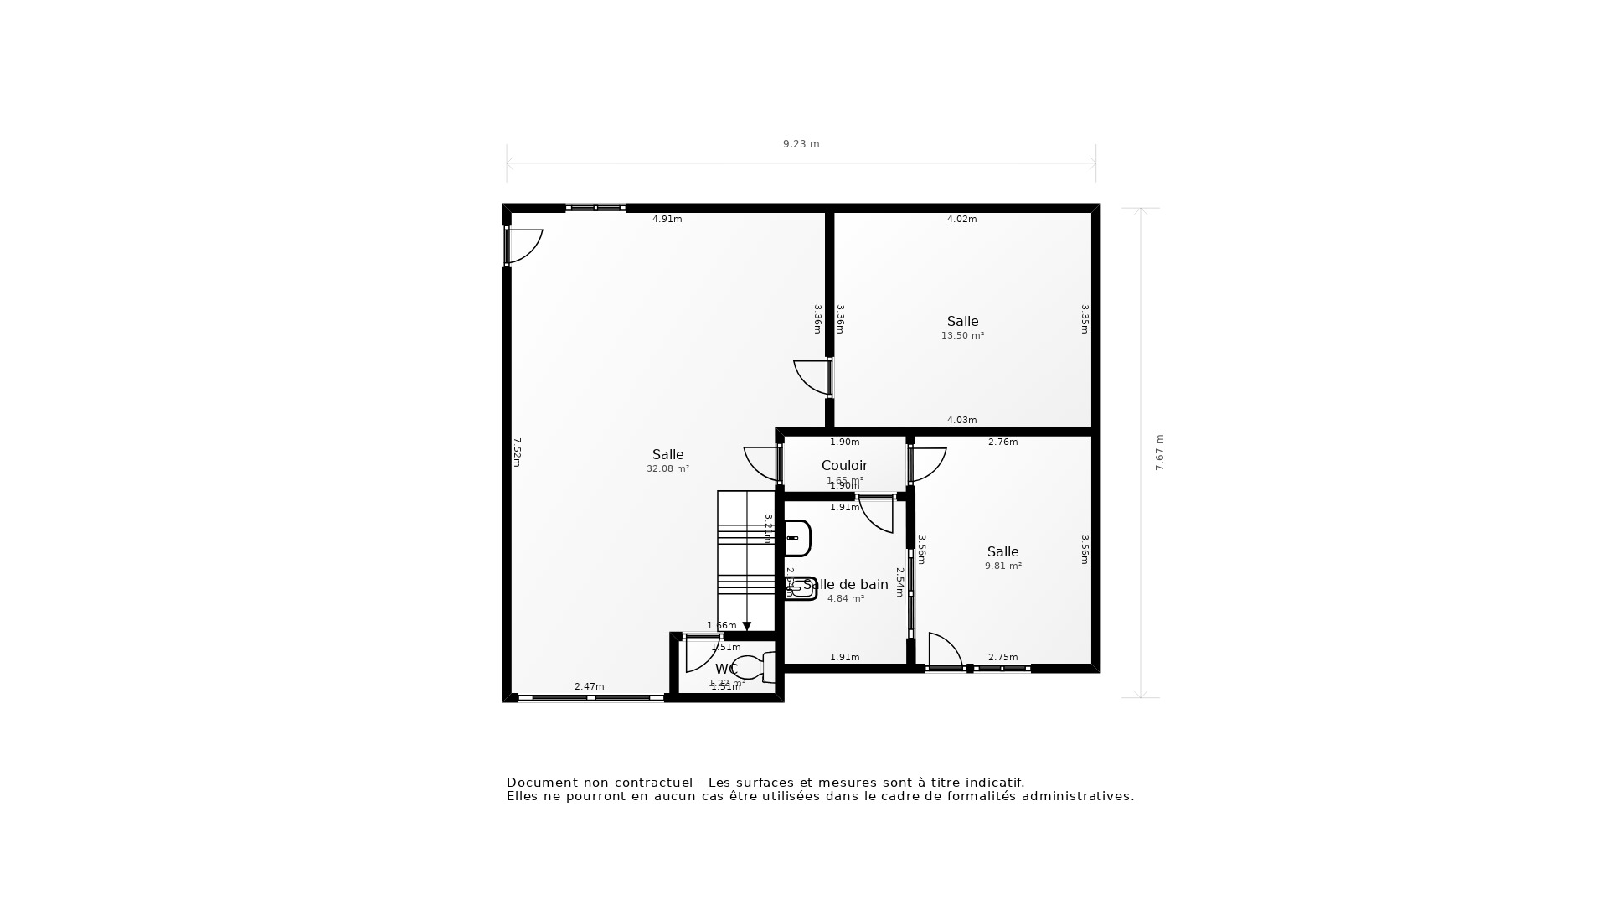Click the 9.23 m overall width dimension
click(x=801, y=144)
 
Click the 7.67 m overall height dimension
click(x=1160, y=452)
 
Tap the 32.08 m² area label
click(x=667, y=469)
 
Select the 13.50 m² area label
click(x=962, y=336)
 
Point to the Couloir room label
click(x=844, y=465)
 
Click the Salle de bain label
click(x=846, y=584)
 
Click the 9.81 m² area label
click(x=1002, y=566)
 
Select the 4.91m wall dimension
click(x=667, y=220)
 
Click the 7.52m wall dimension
click(x=518, y=452)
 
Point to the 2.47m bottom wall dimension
click(x=589, y=687)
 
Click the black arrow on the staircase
click(x=746, y=627)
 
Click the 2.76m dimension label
click(x=1002, y=442)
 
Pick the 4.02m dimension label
click(x=961, y=220)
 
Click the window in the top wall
click(x=595, y=208)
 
